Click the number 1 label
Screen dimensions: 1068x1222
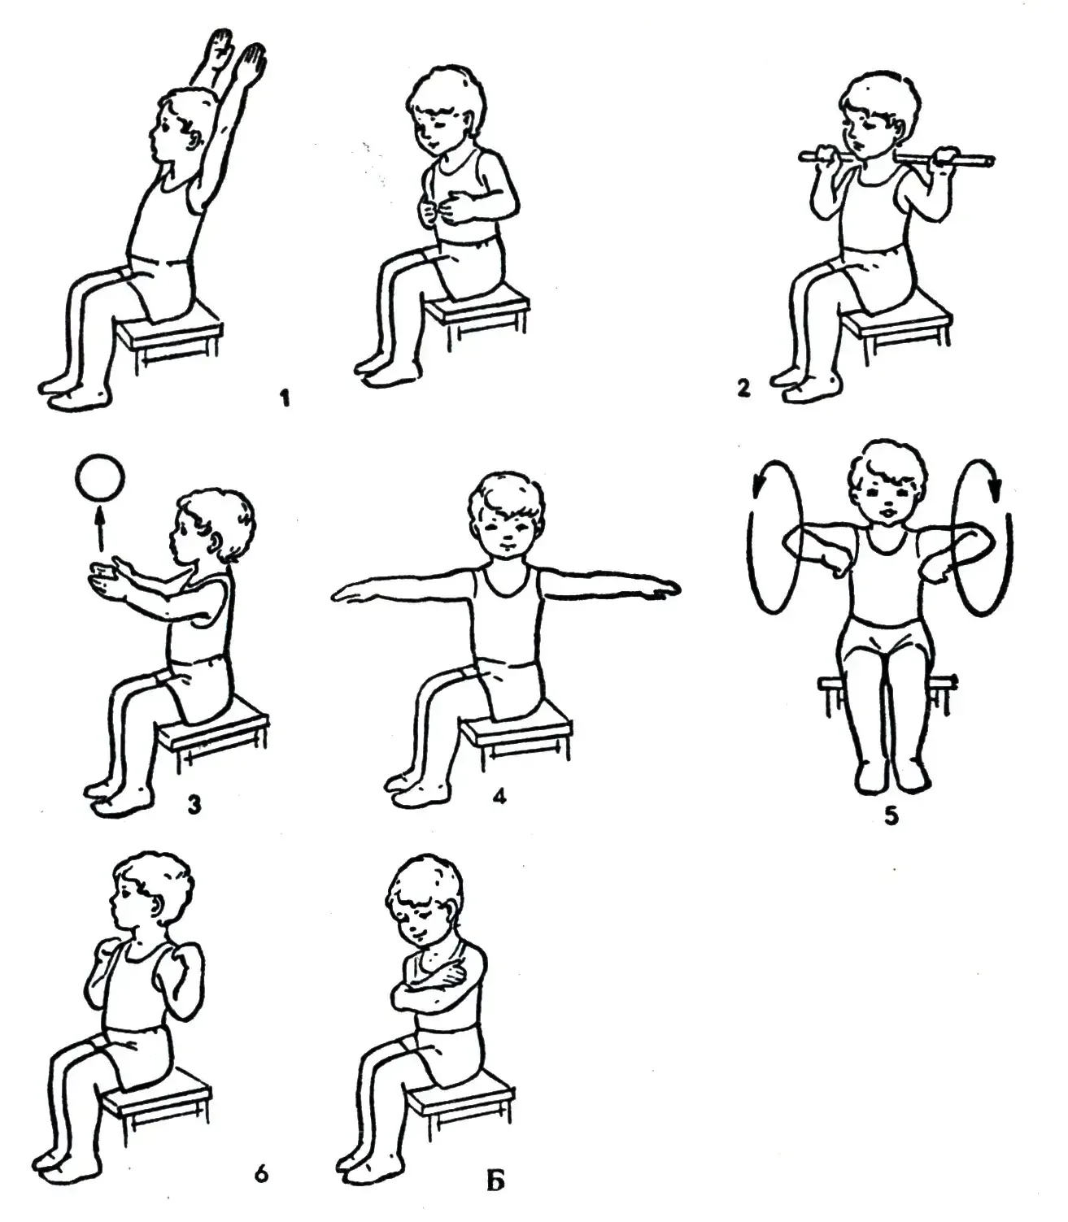[285, 398]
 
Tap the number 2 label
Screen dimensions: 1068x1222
[743, 389]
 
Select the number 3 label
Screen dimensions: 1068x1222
[194, 806]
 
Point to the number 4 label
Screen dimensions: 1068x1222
[499, 796]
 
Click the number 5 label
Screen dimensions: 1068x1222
[891, 815]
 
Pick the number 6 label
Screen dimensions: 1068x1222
[261, 1174]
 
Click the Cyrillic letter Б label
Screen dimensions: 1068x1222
[495, 1182]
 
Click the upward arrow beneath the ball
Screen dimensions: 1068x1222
[100, 529]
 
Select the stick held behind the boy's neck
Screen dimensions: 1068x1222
[897, 159]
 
